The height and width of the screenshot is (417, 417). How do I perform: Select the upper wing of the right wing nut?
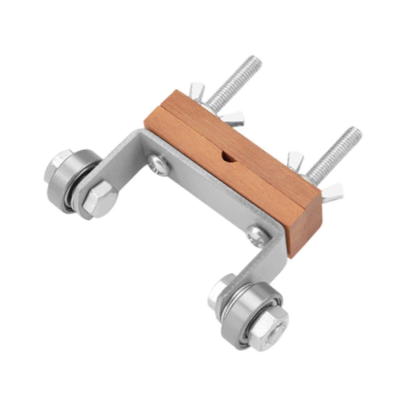click(x=296, y=158)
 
